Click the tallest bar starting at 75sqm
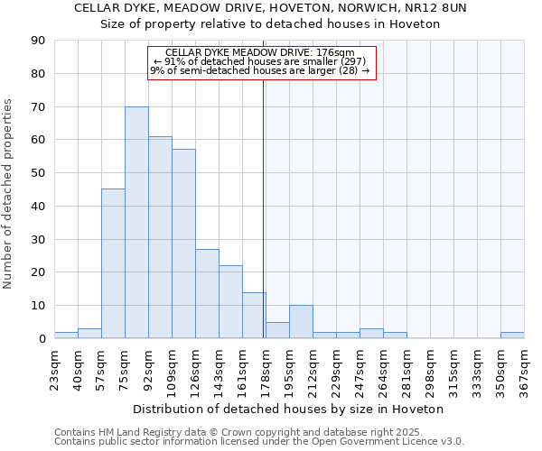pyautogui.click(x=136, y=223)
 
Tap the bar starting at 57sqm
pyautogui.click(x=113, y=263)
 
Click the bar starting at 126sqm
pyautogui.click(x=207, y=294)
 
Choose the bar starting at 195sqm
pyautogui.click(x=301, y=322)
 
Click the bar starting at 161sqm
pyautogui.click(x=254, y=316)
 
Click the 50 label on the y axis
pyautogui.click(x=38, y=173)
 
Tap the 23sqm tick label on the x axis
pyautogui.click(x=54, y=369)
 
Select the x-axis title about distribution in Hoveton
pyautogui.click(x=288, y=409)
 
